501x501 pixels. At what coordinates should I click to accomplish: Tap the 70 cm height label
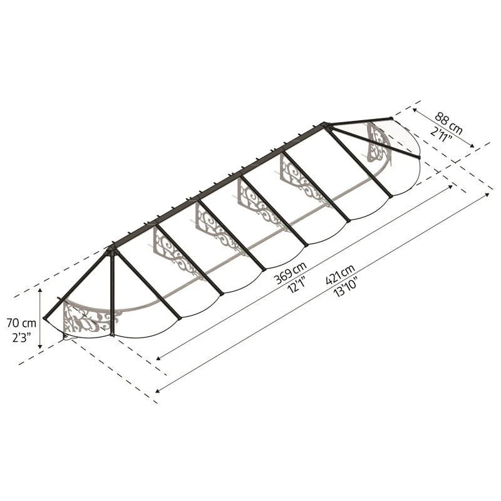point(21,323)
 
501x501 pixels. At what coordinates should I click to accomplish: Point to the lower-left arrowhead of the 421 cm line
point(158,391)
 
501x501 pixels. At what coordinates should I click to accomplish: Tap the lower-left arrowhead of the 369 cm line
point(159,359)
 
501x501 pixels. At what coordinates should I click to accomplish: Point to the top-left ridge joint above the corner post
point(111,249)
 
